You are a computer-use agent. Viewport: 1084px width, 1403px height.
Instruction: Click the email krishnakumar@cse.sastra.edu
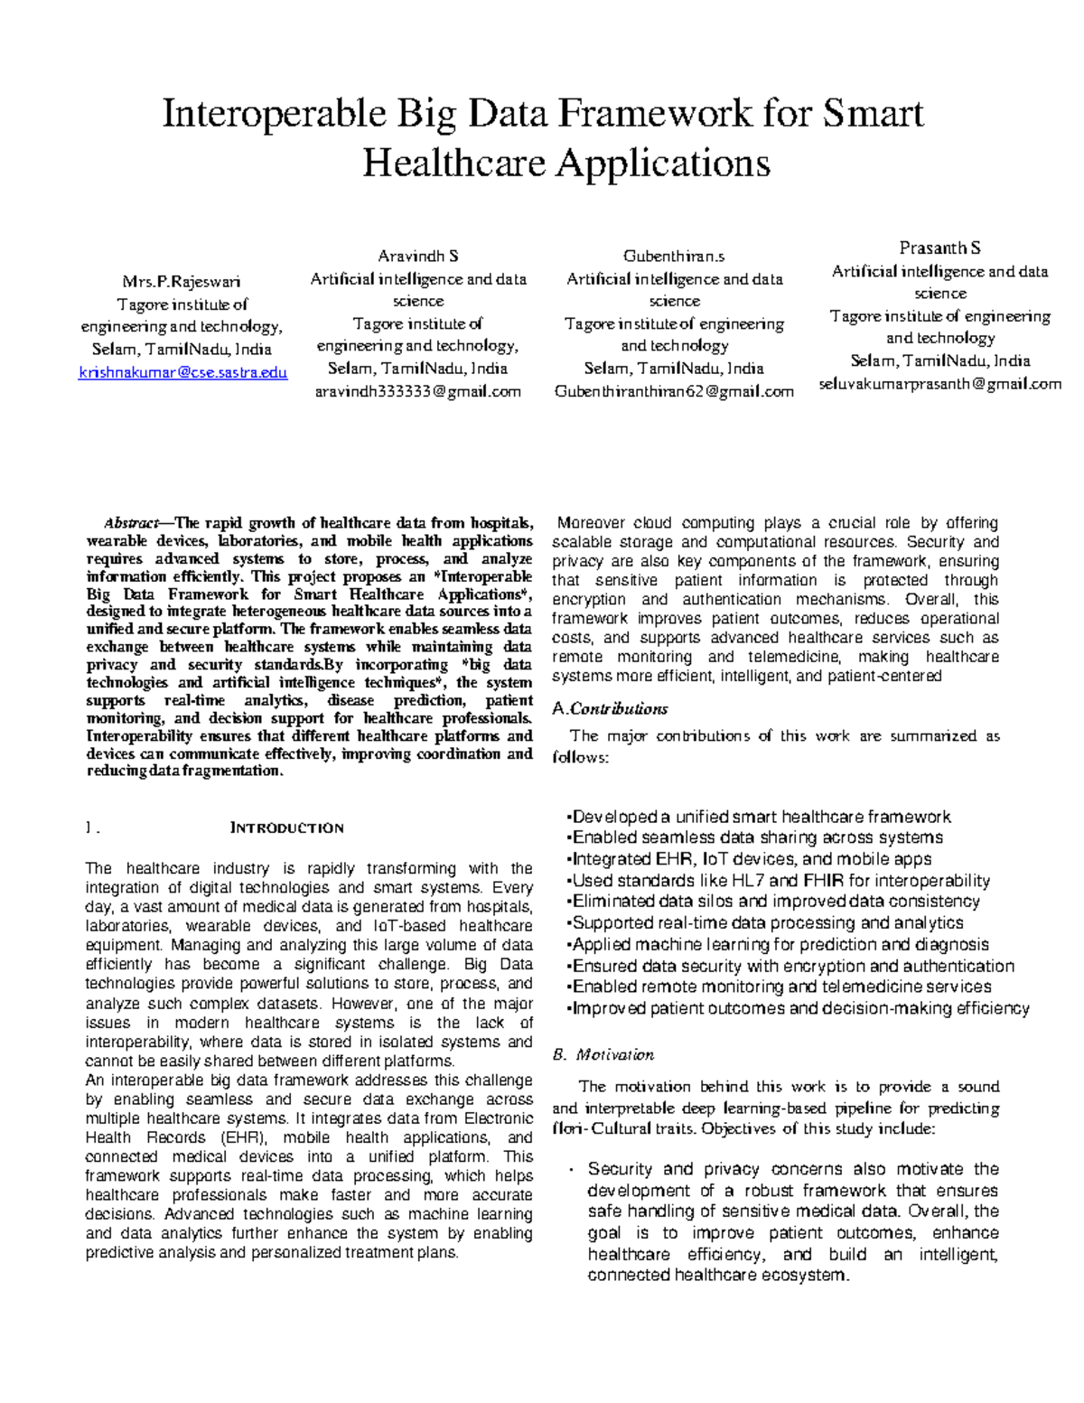coord(182,371)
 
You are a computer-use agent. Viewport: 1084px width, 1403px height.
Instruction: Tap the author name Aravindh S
coord(417,257)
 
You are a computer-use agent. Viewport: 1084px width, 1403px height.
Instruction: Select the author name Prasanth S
coord(939,248)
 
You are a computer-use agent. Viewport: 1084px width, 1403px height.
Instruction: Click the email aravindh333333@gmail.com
coord(417,391)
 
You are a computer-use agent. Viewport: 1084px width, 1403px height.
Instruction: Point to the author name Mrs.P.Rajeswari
coord(181,281)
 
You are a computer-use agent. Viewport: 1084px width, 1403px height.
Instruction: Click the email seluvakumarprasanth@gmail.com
coord(939,383)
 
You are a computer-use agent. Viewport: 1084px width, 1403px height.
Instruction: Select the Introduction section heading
coord(286,828)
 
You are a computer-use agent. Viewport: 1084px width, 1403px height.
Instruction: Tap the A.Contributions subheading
coord(610,708)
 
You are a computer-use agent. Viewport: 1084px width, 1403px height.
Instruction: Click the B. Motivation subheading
coord(603,1054)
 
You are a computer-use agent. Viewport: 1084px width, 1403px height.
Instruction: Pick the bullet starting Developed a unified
coord(759,817)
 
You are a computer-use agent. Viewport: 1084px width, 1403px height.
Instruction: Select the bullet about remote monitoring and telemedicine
coord(780,987)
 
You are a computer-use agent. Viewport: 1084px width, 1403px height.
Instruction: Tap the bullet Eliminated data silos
coord(774,901)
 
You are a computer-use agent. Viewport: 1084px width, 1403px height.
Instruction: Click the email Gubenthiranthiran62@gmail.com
coord(674,391)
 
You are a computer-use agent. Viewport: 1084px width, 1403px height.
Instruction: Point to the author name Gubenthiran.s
coord(674,257)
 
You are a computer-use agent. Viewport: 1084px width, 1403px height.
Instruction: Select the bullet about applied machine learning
coord(779,944)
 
